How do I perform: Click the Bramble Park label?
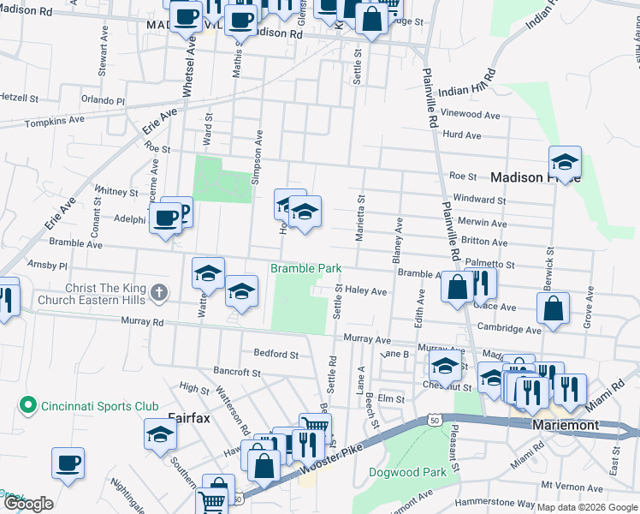[x=306, y=268]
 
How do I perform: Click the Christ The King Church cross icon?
[x=158, y=294]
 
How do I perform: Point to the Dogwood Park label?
[x=407, y=472]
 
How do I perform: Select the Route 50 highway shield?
[x=436, y=419]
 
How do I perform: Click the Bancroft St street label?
[x=237, y=372]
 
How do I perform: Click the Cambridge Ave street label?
[x=508, y=328]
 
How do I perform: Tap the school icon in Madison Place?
[x=565, y=163]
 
